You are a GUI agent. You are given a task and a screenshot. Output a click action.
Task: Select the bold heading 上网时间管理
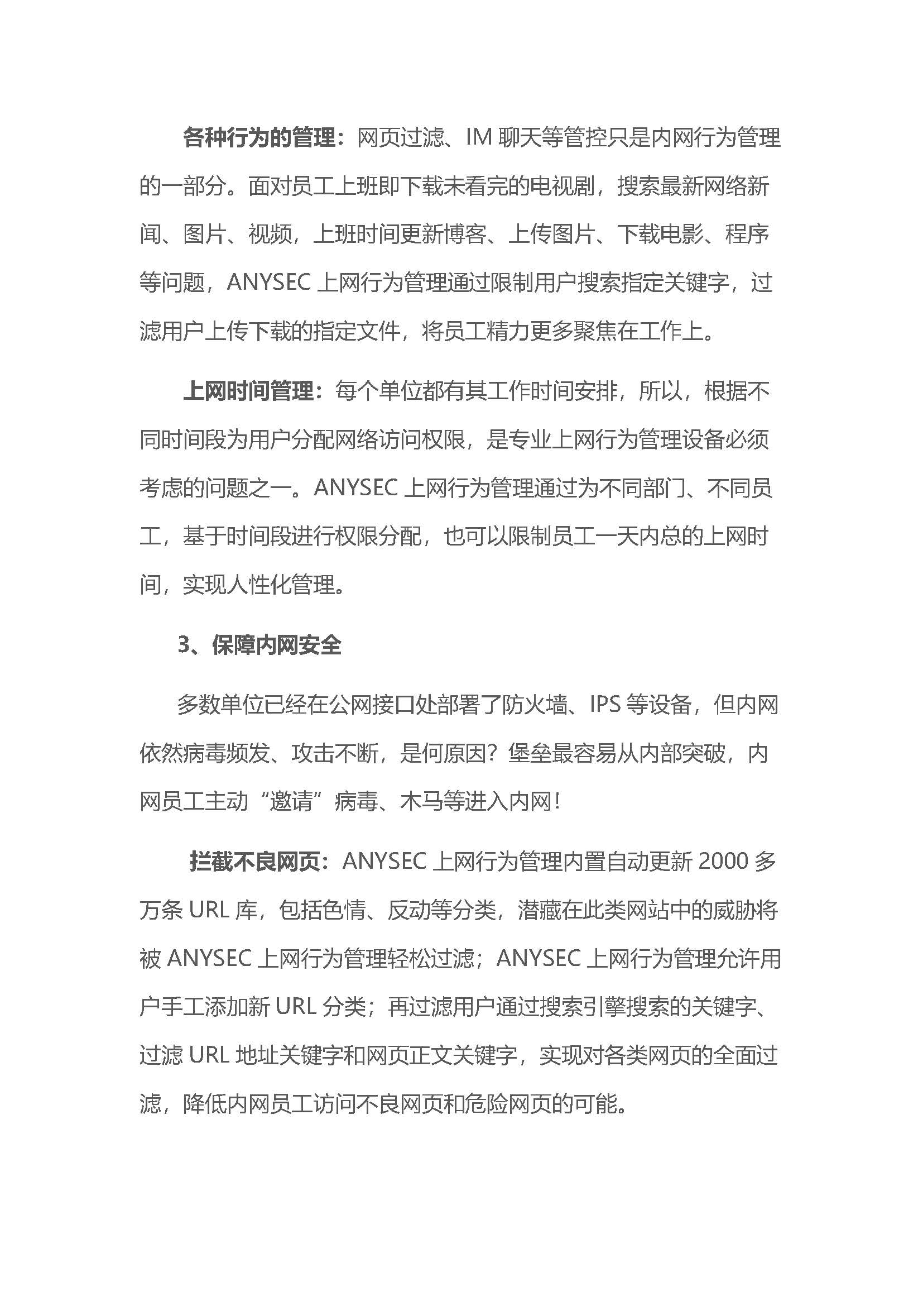click(x=248, y=391)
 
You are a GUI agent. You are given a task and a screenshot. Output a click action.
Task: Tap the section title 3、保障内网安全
click(x=259, y=645)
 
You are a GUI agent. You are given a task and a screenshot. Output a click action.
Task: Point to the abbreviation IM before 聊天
click(x=478, y=138)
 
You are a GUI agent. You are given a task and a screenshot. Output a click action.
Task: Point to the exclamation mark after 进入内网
click(x=557, y=802)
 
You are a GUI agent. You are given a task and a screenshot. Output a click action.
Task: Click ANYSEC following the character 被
click(x=209, y=959)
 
